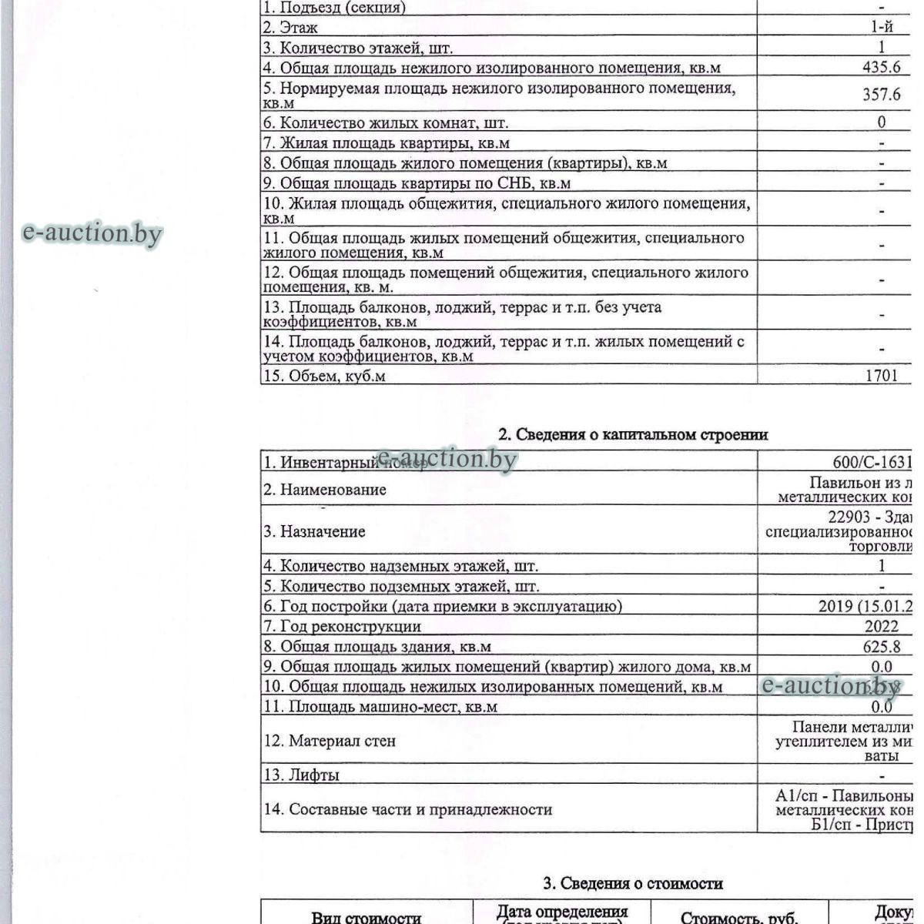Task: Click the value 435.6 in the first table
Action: click(881, 67)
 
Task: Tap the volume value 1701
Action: click(881, 377)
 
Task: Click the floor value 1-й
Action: click(882, 28)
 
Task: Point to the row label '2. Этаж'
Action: click(290, 28)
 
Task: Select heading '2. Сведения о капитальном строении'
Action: click(633, 434)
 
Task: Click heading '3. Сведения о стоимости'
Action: click(633, 883)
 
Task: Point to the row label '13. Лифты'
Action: click(301, 775)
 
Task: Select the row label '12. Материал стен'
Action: click(330, 742)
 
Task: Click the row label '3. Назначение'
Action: click(314, 532)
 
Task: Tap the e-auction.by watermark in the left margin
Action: click(93, 233)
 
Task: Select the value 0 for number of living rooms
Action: click(882, 122)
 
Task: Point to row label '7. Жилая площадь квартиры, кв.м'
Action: click(386, 143)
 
